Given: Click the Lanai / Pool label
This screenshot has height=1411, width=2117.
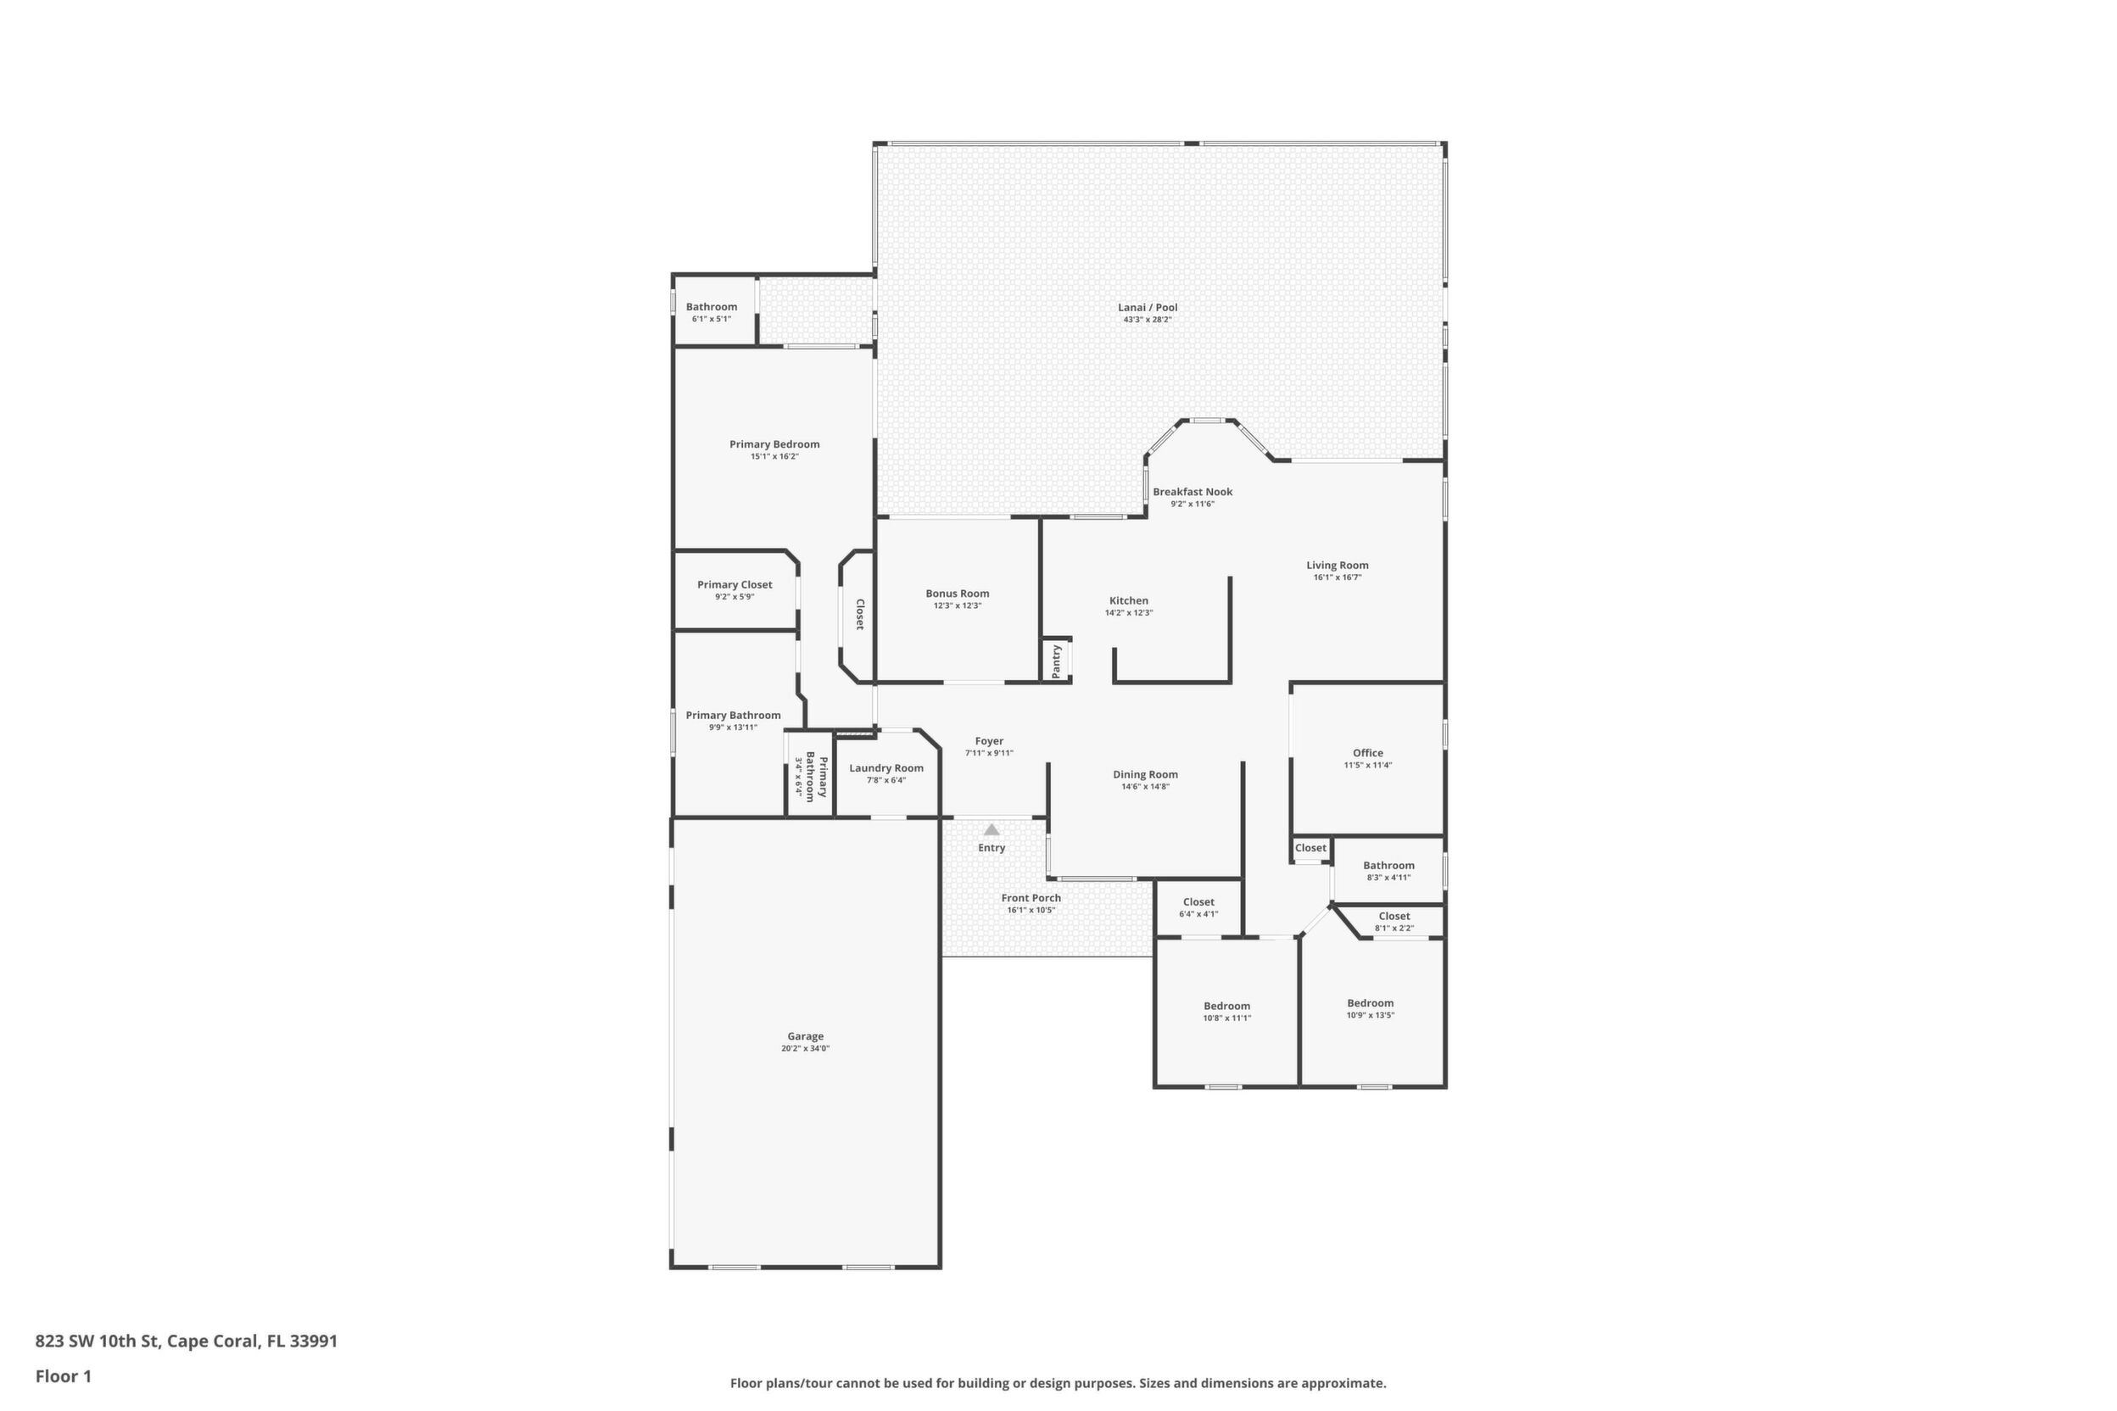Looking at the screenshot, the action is coord(1148,308).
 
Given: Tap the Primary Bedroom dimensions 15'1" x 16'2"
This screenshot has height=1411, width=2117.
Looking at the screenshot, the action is coord(774,456).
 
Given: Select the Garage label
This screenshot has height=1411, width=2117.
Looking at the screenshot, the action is coord(805,1037).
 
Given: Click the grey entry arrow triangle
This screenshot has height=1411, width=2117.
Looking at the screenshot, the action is coord(991,829).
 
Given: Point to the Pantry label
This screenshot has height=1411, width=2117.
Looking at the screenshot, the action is coord(1057,661).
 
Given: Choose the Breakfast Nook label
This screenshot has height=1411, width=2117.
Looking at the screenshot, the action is coord(1193,491).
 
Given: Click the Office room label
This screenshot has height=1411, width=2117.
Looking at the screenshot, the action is coord(1367,753).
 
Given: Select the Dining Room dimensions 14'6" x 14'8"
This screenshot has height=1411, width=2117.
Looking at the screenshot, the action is coord(1145,787).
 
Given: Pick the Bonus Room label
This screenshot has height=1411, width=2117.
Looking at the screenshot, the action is coord(957,594).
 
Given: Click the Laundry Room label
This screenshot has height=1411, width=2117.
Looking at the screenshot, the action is coord(885,768).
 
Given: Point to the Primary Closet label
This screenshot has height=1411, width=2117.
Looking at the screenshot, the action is coord(735,585).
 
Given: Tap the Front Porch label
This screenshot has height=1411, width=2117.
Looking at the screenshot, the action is coord(1031,898).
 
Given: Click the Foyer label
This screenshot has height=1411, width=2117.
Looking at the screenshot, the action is coord(989,741).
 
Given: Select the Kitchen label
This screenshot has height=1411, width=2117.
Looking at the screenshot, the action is coord(1129,601).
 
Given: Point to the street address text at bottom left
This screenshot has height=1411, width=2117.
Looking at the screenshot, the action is coord(187,1341).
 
